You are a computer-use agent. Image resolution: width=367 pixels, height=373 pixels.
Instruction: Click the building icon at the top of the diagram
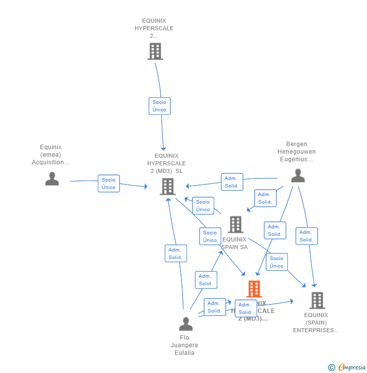[155, 51]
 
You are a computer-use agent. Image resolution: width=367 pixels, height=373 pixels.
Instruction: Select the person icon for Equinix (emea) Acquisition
[52, 179]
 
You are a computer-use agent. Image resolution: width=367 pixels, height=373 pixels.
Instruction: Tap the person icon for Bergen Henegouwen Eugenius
[298, 176]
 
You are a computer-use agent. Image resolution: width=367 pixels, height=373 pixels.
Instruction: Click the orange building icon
[254, 289]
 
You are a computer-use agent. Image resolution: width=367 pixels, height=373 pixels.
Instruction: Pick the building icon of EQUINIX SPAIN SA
[235, 225]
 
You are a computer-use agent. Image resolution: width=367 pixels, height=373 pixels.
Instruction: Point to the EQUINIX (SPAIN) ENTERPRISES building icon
[317, 300]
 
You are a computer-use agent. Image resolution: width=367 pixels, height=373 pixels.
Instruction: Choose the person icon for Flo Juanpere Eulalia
[186, 324]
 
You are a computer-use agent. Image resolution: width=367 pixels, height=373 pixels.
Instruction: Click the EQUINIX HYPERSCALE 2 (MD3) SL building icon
[167, 186]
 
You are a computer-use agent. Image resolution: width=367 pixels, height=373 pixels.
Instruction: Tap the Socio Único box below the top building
[159, 106]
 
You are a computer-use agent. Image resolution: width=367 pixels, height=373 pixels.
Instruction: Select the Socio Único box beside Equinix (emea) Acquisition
[108, 183]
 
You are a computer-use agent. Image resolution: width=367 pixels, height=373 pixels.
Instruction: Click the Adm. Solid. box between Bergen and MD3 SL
[232, 182]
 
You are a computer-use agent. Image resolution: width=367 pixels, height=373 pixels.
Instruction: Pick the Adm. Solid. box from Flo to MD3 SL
[175, 254]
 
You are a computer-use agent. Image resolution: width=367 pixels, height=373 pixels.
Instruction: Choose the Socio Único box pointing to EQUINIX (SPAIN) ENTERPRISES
[277, 262]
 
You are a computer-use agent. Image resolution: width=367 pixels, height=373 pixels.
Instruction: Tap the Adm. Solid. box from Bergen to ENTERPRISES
[306, 236]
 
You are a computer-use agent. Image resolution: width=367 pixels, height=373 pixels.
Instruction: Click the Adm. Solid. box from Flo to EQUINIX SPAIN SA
[206, 280]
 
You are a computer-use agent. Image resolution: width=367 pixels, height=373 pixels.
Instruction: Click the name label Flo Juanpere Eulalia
[185, 345]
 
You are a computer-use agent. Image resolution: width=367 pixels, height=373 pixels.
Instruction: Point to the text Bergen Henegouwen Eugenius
[296, 152]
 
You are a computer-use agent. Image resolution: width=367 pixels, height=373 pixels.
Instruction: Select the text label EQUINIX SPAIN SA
[235, 243]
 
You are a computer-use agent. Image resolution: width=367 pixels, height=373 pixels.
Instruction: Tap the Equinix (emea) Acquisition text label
[51, 155]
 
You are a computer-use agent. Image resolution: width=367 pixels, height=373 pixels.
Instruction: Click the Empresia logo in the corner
[347, 367]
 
